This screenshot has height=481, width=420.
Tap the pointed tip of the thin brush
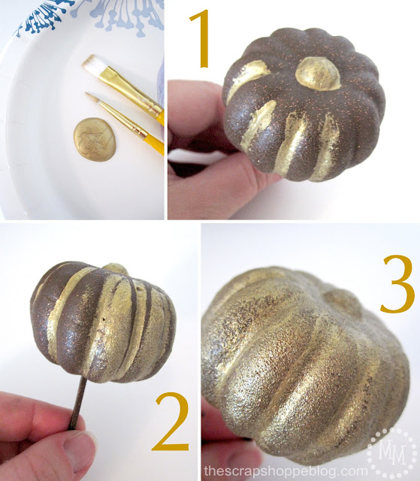89,95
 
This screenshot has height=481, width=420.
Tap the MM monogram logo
389,449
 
